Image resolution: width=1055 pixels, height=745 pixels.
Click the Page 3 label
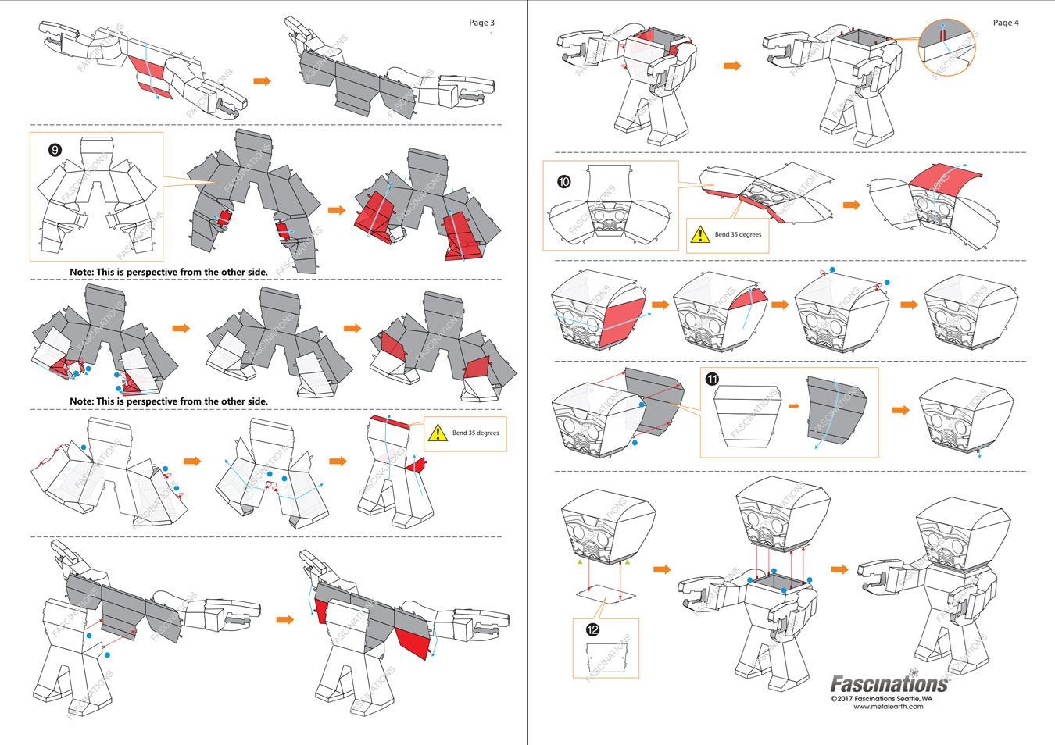coord(481,23)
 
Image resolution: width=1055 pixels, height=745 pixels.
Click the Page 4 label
coord(1006,23)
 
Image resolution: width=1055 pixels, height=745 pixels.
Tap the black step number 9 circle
coord(55,149)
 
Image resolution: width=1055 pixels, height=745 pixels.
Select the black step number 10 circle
coord(563,182)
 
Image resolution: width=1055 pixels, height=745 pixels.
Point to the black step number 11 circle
coord(712,379)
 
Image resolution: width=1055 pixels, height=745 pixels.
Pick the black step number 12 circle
coord(592,629)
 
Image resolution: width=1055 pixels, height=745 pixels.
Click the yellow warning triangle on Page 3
coord(438,433)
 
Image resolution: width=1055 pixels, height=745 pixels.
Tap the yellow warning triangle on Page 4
coord(700,234)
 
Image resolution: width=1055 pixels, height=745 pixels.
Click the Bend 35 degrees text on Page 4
coord(738,234)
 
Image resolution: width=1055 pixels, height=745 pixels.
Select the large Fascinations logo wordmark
coord(889,684)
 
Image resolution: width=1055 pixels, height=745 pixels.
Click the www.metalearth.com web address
coord(888,707)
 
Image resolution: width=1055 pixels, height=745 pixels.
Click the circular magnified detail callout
coord(947,48)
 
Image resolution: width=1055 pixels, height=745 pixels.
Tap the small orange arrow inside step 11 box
coord(793,406)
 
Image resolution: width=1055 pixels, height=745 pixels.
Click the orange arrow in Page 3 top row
coord(262,80)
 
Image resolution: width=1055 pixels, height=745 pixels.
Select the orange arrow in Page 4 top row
coord(731,66)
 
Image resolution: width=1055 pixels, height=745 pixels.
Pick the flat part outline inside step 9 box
coord(96,199)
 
